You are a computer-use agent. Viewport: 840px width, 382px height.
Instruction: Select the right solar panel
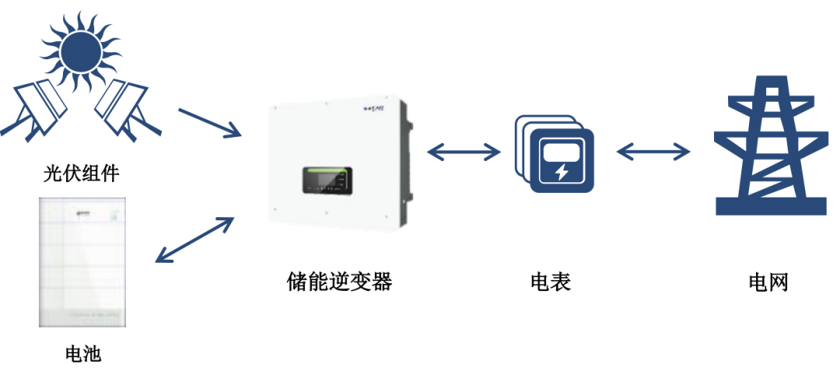(121, 108)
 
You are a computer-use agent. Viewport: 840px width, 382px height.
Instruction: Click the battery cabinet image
(82, 261)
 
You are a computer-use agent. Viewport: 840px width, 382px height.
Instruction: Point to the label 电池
(82, 355)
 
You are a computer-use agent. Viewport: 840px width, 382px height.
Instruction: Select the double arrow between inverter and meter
(464, 152)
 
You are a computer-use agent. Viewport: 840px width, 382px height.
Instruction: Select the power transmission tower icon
(769, 148)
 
